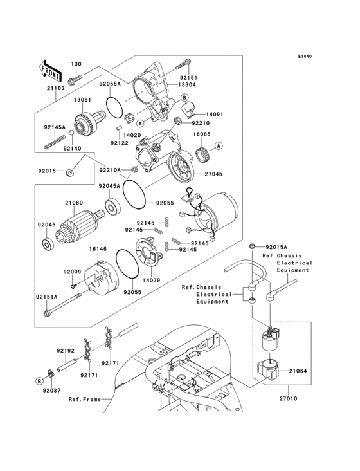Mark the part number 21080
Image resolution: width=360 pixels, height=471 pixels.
pos(74,203)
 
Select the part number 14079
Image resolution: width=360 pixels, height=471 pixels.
pos(151,280)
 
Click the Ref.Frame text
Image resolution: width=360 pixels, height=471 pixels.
pos(85,399)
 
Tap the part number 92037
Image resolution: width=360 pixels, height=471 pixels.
pos(51,390)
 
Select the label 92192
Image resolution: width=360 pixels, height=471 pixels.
pos(66,351)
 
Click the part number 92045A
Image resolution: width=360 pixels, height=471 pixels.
pos(109,187)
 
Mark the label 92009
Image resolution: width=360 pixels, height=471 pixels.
pos(72,272)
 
